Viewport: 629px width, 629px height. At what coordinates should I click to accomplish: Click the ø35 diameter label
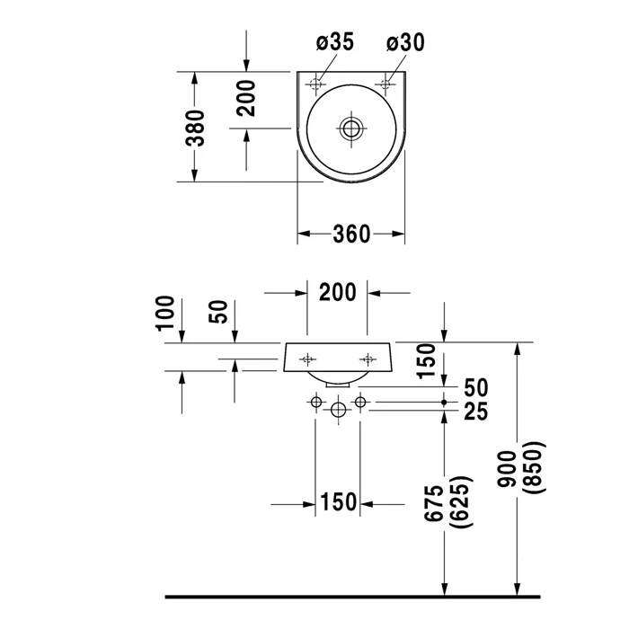click(x=335, y=42)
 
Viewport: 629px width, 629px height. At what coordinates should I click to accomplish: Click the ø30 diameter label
click(x=405, y=42)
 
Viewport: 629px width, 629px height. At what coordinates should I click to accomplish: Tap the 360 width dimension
click(x=351, y=235)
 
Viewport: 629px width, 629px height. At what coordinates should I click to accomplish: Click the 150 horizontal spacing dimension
click(x=339, y=502)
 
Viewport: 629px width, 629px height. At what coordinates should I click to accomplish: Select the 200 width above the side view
click(x=338, y=292)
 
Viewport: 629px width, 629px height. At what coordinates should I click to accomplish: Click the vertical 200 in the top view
click(x=248, y=98)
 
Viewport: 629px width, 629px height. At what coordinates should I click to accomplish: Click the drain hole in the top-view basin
click(x=350, y=128)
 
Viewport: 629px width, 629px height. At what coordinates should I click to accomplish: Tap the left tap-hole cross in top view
click(x=314, y=84)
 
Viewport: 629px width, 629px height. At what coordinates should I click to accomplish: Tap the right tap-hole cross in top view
click(x=386, y=84)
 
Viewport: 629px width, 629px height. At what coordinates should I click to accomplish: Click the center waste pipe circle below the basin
click(x=338, y=410)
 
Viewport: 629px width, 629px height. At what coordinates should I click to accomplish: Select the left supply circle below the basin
click(x=315, y=402)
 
